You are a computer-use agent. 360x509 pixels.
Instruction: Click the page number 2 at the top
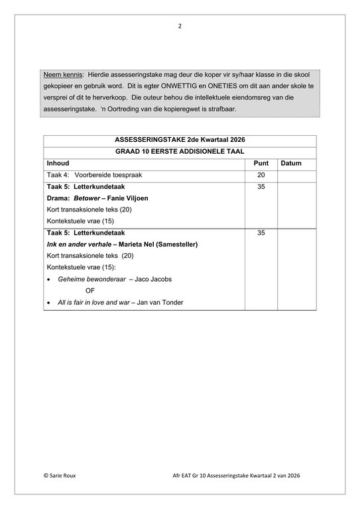coord(180,27)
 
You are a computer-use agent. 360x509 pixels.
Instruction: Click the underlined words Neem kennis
coord(64,75)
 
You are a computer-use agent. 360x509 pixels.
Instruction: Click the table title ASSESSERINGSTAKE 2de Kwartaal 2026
coord(180,141)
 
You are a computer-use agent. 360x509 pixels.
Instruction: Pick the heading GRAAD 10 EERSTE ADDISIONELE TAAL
coord(180,152)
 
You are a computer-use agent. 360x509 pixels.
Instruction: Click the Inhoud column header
coord(58,163)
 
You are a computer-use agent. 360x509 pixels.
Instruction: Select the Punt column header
coord(261,163)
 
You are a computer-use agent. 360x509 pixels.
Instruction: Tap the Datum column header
coord(291,163)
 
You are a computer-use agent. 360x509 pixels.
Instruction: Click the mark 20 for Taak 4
coord(261,175)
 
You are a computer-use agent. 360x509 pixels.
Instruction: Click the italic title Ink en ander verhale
coord(79,245)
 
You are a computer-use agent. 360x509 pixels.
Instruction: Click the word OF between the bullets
coord(90,291)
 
